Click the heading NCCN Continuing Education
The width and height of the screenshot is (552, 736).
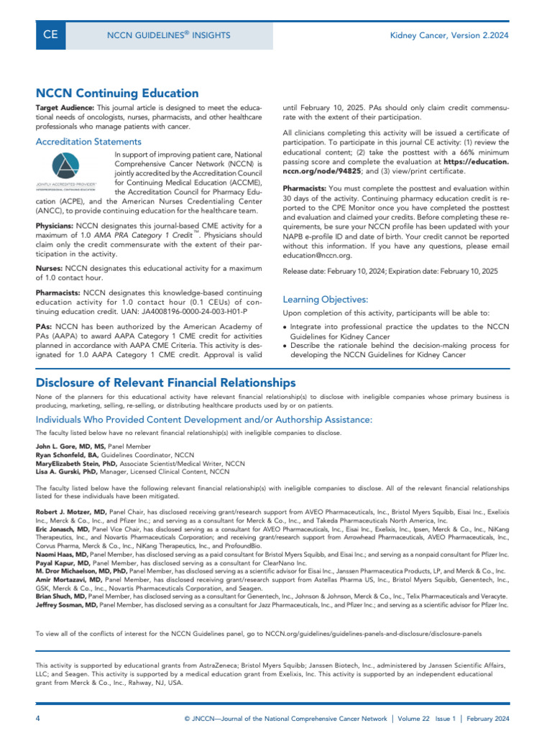117,93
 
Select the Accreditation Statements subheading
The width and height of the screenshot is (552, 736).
88,142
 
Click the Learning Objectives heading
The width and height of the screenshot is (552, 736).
326,299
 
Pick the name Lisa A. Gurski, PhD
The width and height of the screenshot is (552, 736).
66,472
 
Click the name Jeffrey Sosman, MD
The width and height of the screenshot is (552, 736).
67,605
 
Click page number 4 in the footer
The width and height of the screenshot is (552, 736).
38,719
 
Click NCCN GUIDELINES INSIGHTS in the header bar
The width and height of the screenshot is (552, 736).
168,35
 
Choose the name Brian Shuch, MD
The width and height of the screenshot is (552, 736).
61,597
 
